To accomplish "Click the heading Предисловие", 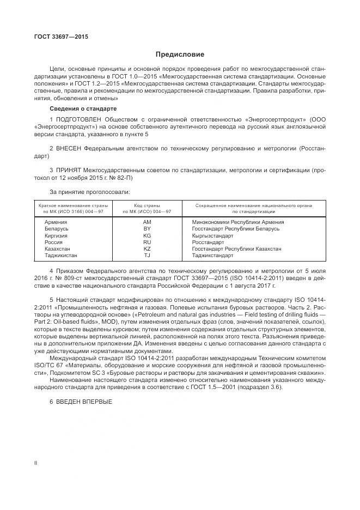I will point(180,54).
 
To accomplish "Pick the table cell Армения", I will point(56,222).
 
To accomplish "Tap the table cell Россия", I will point(54,242).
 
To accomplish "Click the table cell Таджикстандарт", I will point(212,255).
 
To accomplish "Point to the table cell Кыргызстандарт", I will point(213,235).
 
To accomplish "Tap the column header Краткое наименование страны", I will point(73,205).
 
